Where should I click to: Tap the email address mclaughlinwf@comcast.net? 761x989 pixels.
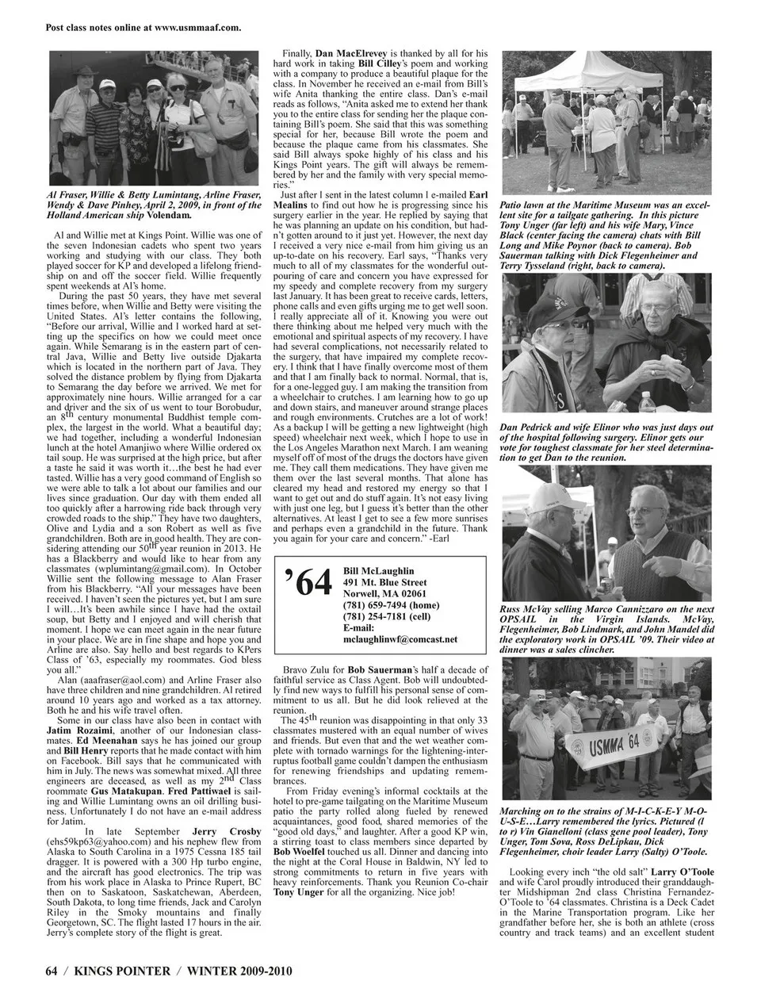[x=400, y=638]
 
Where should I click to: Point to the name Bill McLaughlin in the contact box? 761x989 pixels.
[x=379, y=570]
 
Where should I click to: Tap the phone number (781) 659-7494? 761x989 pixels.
[x=373, y=604]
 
